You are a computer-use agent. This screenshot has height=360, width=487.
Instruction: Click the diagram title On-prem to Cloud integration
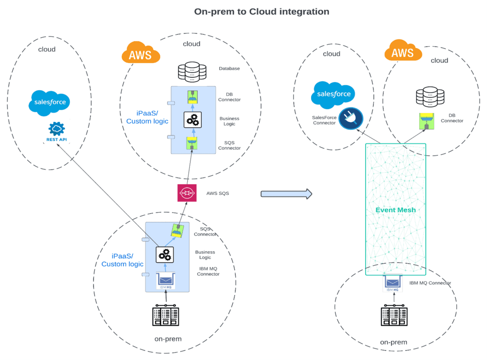pos(262,12)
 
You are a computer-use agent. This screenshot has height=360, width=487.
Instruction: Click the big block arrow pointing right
pos(286,194)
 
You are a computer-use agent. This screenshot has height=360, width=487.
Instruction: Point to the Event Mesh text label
pos(395,210)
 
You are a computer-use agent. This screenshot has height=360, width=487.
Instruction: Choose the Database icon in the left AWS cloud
pos(192,71)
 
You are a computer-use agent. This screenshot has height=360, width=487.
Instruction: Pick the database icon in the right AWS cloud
pos(430,98)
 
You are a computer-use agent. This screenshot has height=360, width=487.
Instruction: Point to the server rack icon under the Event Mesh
pos(394,315)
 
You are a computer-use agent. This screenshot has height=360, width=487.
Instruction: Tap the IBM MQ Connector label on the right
pos(430,283)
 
